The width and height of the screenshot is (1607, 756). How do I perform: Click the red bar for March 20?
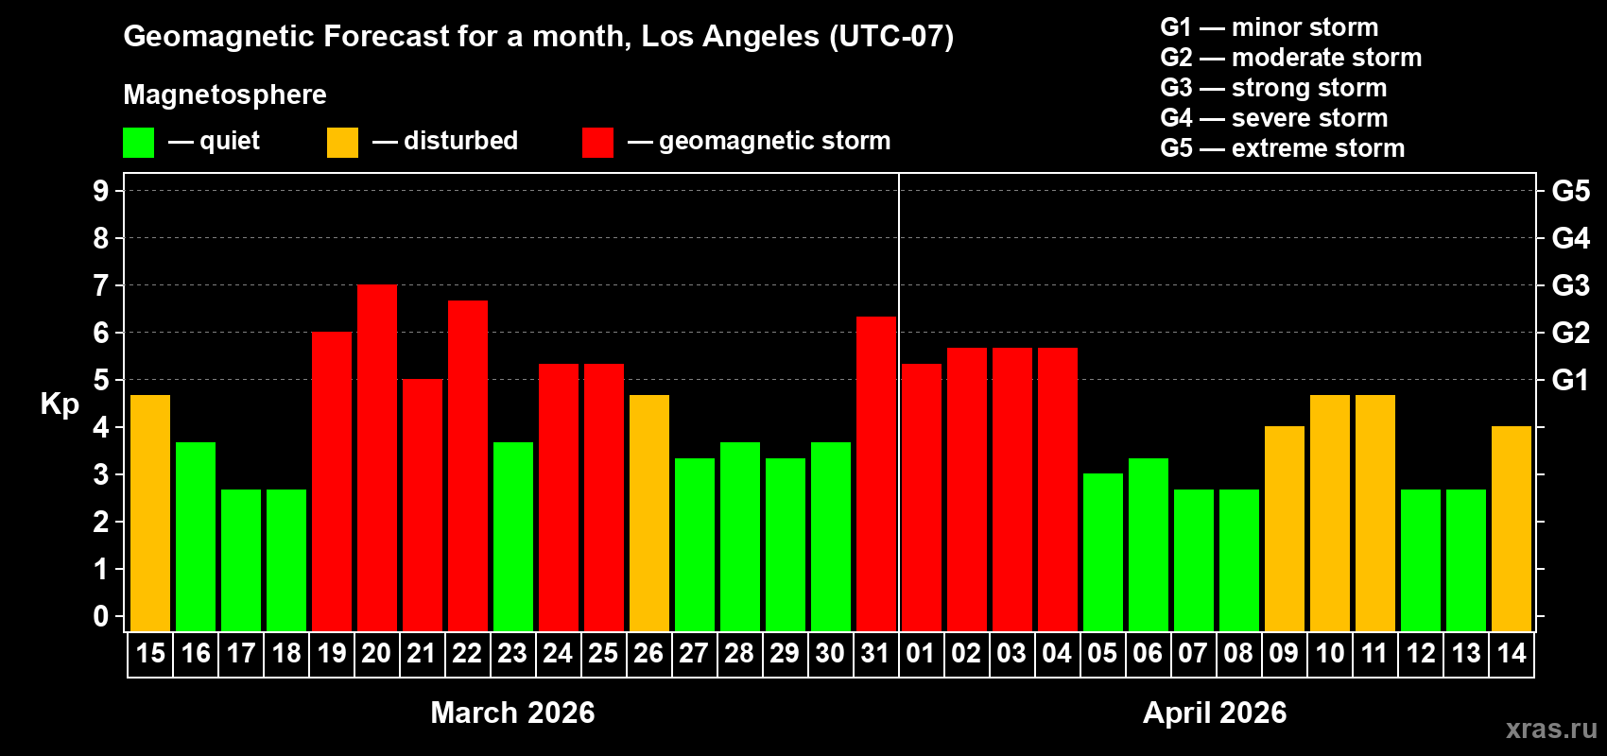tap(377, 458)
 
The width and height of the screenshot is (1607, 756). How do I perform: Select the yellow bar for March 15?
tap(150, 513)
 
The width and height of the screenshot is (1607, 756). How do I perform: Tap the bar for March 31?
tap(876, 473)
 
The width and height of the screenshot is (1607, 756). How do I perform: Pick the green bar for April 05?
tap(1103, 553)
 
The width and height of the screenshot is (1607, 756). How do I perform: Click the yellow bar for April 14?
tap(1512, 529)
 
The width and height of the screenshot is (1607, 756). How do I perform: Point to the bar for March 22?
tap(468, 466)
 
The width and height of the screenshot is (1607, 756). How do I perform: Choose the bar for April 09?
tap(1285, 529)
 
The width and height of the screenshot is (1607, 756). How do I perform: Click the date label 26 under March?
tap(648, 654)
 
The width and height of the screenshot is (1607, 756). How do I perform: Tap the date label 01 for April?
tap(921, 654)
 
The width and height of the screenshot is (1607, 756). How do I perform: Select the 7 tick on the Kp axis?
tap(101, 285)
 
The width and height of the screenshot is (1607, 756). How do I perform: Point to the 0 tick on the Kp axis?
tap(101, 617)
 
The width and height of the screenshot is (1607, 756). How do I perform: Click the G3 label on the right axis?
tap(1570, 285)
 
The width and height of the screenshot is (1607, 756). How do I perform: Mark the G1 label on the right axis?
tap(1570, 380)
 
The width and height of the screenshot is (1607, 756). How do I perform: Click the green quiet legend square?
tap(139, 143)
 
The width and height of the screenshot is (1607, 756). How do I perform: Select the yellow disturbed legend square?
tap(342, 143)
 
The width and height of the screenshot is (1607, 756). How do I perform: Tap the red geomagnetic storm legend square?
tap(597, 143)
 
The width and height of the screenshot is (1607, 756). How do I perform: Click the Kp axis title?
tap(60, 404)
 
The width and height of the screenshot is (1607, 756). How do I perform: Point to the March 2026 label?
tap(512, 713)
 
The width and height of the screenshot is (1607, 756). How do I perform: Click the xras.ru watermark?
tap(1550, 729)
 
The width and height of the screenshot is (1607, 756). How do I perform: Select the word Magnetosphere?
tap(225, 94)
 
